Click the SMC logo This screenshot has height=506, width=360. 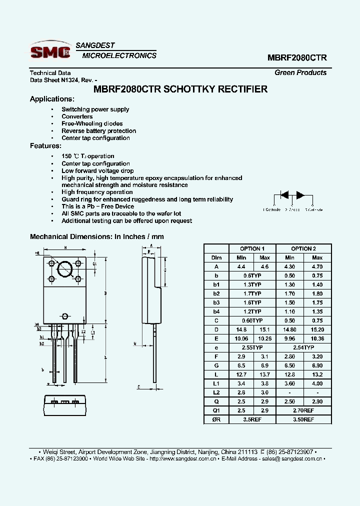click(x=50, y=51)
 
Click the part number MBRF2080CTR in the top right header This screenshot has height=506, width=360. click(x=297, y=57)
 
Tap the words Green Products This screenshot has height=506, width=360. click(x=300, y=72)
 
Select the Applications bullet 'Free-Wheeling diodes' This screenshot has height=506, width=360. click(x=92, y=123)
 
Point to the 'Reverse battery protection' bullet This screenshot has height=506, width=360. click(x=98, y=131)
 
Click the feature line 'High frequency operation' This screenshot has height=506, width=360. click(x=97, y=192)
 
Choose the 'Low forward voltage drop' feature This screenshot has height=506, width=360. click(x=97, y=170)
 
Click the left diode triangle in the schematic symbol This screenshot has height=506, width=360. click(x=284, y=195)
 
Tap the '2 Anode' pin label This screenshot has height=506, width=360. click(x=292, y=209)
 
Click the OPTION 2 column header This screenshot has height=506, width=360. click(x=303, y=248)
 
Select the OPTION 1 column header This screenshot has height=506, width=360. click(x=252, y=248)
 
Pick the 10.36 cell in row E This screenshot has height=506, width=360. click(x=317, y=338)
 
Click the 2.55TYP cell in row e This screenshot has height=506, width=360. click(x=252, y=347)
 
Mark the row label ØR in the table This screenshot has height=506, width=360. click(x=216, y=419)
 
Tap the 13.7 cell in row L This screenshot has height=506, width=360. click(x=264, y=374)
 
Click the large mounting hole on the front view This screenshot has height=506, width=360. click(x=65, y=269)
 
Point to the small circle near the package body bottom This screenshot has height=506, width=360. click(x=65, y=316)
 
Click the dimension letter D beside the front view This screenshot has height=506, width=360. click(x=105, y=293)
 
